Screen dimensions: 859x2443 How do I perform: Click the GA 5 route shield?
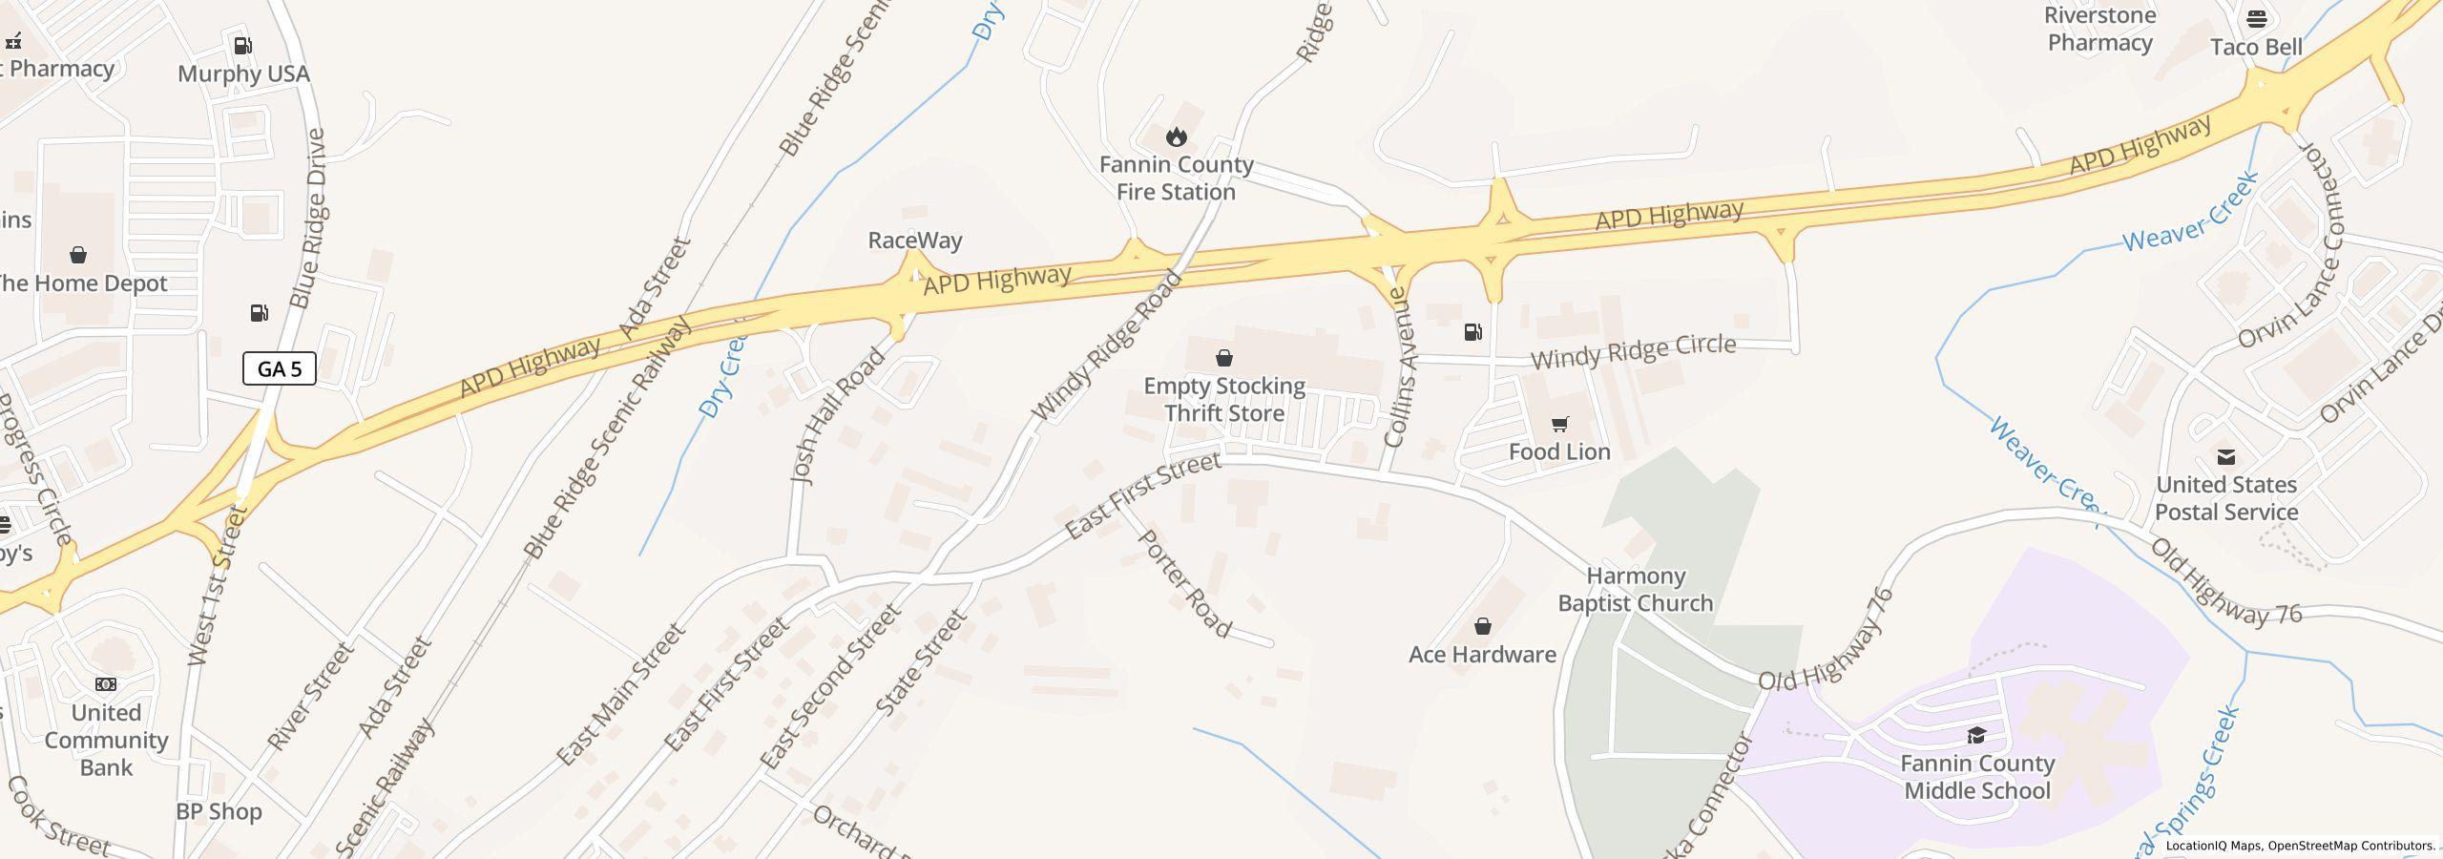pyautogui.click(x=279, y=368)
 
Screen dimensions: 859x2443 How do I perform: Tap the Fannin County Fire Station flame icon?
pyautogui.click(x=1176, y=136)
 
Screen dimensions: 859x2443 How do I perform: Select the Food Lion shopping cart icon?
pyautogui.click(x=1559, y=424)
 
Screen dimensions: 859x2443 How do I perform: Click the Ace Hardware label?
pyautogui.click(x=1482, y=654)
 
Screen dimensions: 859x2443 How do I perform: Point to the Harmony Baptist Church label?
pyautogui.click(x=1635, y=590)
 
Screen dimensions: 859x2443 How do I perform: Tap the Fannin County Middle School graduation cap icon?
pyautogui.click(x=1976, y=735)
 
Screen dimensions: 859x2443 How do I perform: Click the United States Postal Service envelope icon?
pyautogui.click(x=2225, y=457)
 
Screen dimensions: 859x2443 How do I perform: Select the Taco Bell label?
pyautogui.click(x=2256, y=47)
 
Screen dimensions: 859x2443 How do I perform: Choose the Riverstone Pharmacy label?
pyautogui.click(x=2099, y=30)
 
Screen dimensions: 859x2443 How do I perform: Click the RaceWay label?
pyautogui.click(x=914, y=241)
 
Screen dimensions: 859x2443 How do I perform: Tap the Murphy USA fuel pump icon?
pyautogui.click(x=243, y=46)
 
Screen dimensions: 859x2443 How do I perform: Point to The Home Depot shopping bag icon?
pyautogui.click(x=78, y=255)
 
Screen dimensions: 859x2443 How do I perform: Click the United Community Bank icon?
pyautogui.click(x=106, y=684)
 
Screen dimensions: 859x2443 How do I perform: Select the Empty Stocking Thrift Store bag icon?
pyautogui.click(x=1223, y=358)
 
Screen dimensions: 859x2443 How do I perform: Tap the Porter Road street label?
pyautogui.click(x=1184, y=583)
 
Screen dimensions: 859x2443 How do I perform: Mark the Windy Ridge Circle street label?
pyautogui.click(x=1633, y=351)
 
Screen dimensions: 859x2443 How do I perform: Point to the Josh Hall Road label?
pyautogui.click(x=837, y=416)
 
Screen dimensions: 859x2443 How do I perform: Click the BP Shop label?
pyautogui.click(x=219, y=811)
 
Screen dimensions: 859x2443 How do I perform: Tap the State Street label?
pyautogui.click(x=921, y=663)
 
